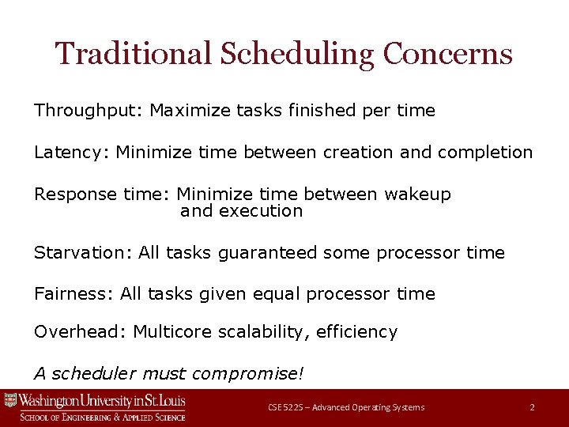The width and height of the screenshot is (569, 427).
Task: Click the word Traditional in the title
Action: pos(133,54)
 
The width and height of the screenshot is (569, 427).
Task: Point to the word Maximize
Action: pos(190,111)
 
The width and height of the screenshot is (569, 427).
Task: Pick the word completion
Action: pos(485,153)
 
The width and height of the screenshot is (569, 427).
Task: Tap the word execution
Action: pos(261,211)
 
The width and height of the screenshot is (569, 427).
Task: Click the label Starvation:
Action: pos(83,253)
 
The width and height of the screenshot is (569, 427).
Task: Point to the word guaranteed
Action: pos(267,253)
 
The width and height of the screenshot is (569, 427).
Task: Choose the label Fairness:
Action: pos(74,294)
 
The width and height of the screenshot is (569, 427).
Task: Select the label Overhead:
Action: pos(81,332)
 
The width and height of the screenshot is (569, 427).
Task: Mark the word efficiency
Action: pos(356,332)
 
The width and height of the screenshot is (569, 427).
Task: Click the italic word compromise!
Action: pos(248,373)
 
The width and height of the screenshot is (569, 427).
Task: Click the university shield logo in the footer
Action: pos(10,401)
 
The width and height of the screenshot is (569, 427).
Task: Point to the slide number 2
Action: pos(532,407)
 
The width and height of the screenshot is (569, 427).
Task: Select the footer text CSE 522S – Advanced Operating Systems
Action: pos(346,407)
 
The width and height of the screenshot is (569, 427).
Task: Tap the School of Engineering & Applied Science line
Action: pos(103,417)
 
